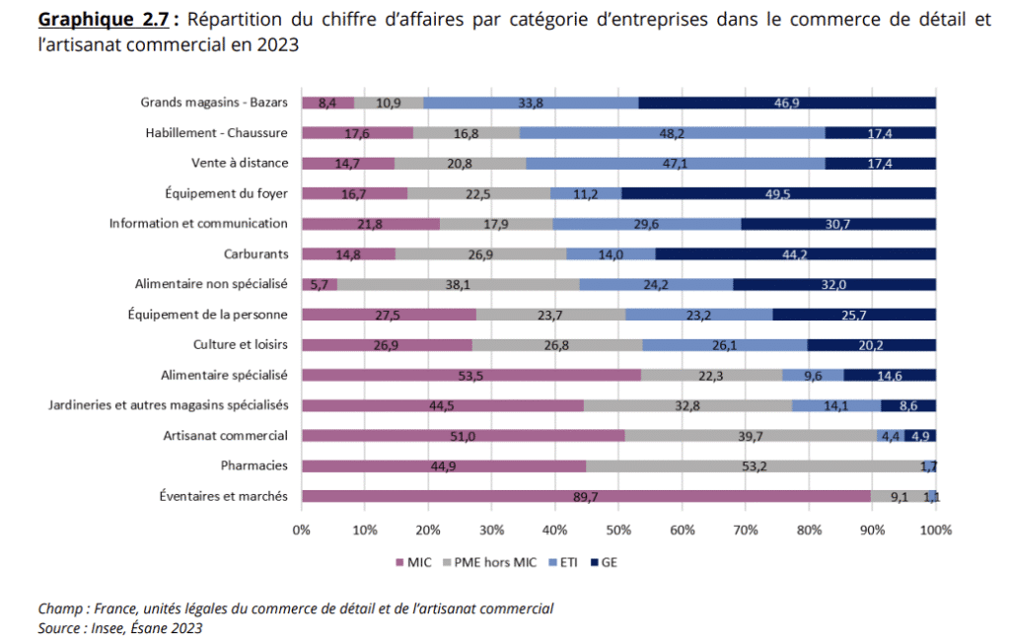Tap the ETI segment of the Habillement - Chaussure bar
672,132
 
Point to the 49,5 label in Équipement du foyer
778,193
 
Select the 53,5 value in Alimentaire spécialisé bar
470,375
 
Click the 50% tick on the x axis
618,530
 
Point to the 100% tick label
935,530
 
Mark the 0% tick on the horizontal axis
302,530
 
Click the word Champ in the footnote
59,608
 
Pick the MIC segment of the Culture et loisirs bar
387,344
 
